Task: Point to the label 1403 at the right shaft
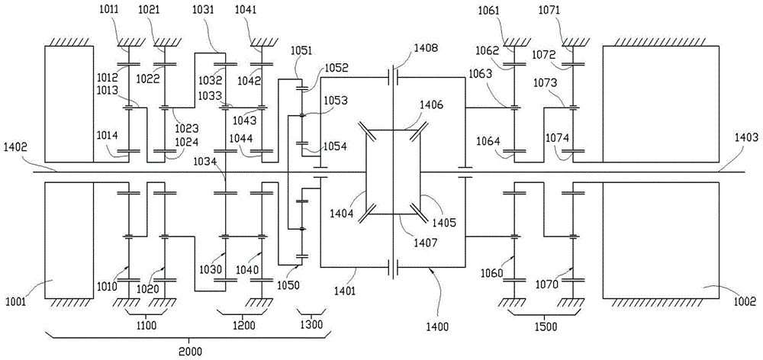(x=746, y=137)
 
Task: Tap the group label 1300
(x=311, y=326)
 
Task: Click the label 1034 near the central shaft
(x=204, y=161)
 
